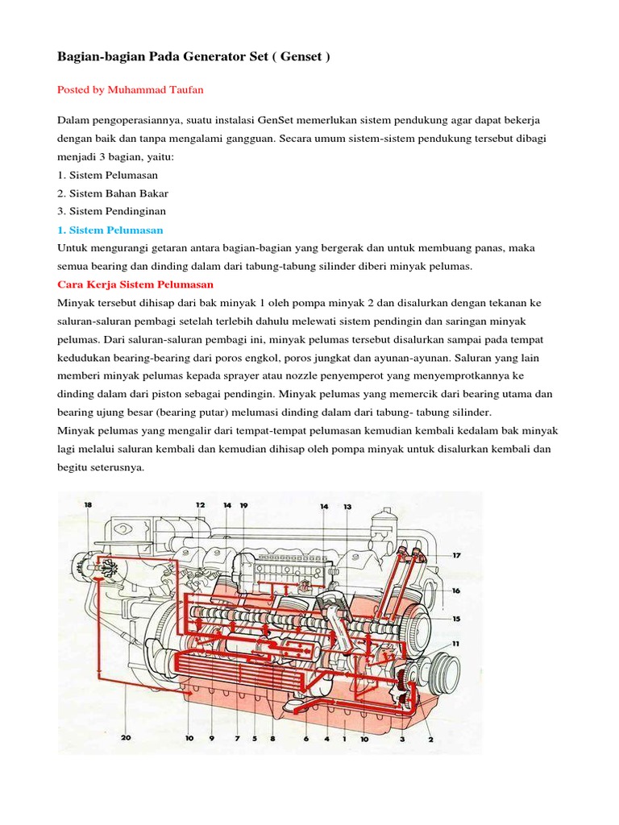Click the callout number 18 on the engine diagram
click(88, 505)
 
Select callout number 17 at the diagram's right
click(456, 555)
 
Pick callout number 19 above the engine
click(243, 505)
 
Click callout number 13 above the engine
click(347, 507)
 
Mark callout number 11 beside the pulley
click(456, 643)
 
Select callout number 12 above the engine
click(200, 505)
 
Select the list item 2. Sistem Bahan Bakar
click(113, 193)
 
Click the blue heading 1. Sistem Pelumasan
click(110, 230)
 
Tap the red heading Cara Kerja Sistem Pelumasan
click(135, 284)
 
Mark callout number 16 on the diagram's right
click(456, 591)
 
